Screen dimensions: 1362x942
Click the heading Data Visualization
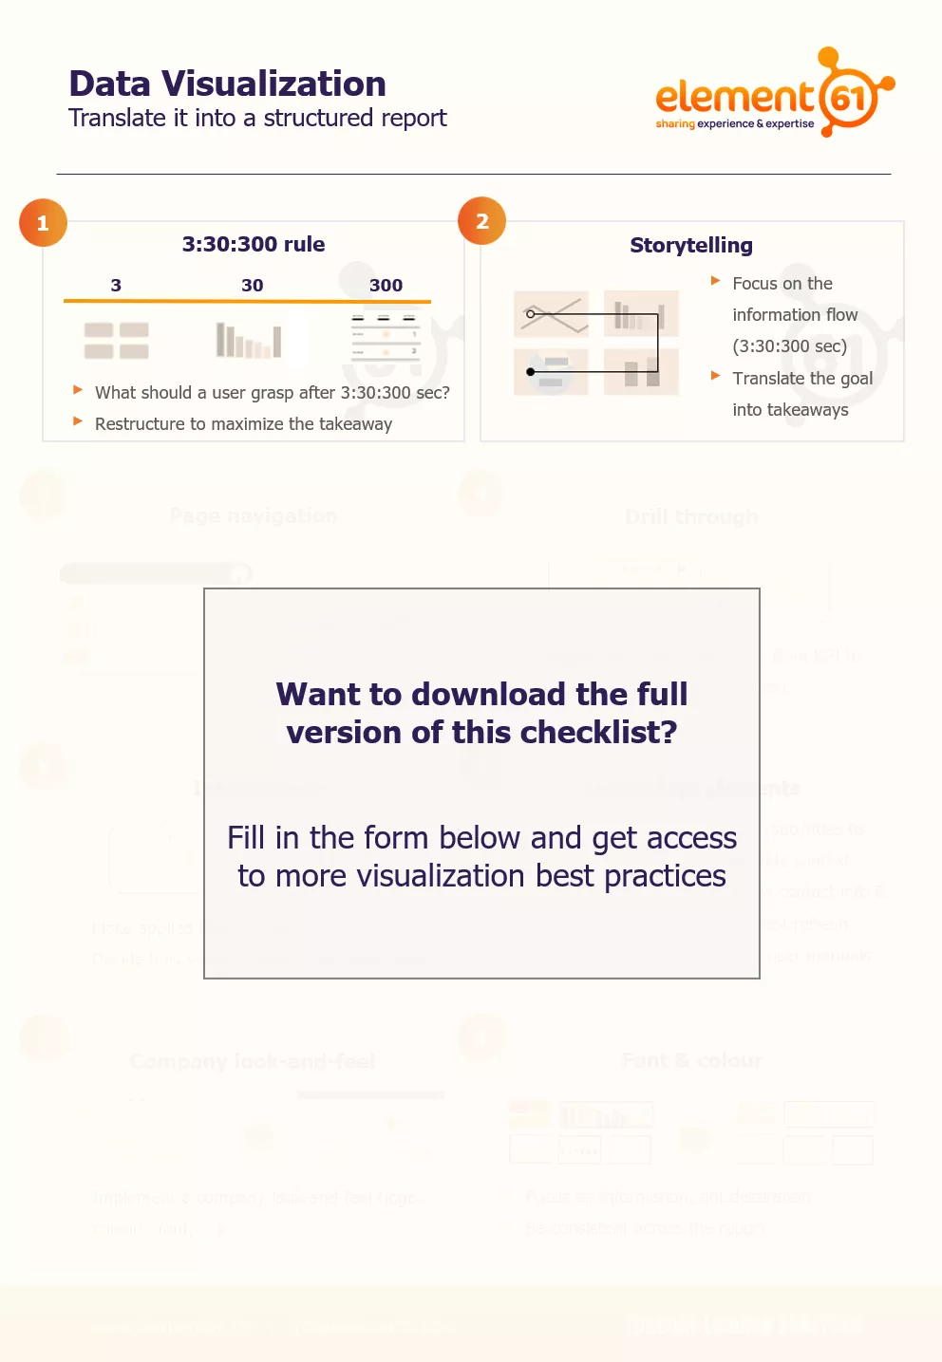point(227,84)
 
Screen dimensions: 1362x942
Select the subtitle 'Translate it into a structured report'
point(257,119)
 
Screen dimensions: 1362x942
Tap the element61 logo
point(774,95)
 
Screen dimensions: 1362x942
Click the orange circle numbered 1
point(43,223)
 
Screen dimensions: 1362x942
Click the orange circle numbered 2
point(481,221)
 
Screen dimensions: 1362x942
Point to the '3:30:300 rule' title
point(254,245)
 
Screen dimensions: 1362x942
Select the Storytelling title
point(691,246)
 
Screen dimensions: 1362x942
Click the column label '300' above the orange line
point(386,286)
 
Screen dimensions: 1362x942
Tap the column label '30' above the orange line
point(252,286)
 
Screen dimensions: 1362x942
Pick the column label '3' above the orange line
point(116,286)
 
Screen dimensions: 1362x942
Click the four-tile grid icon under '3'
point(117,341)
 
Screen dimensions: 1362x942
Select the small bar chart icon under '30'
point(249,340)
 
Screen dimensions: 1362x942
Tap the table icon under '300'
point(386,338)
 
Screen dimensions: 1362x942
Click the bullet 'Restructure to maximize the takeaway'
point(243,424)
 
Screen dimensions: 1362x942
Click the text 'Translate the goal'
point(802,379)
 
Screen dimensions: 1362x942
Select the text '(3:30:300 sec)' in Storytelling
point(789,346)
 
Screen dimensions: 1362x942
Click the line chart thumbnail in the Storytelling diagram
point(551,314)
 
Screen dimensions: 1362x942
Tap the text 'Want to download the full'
point(481,695)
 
